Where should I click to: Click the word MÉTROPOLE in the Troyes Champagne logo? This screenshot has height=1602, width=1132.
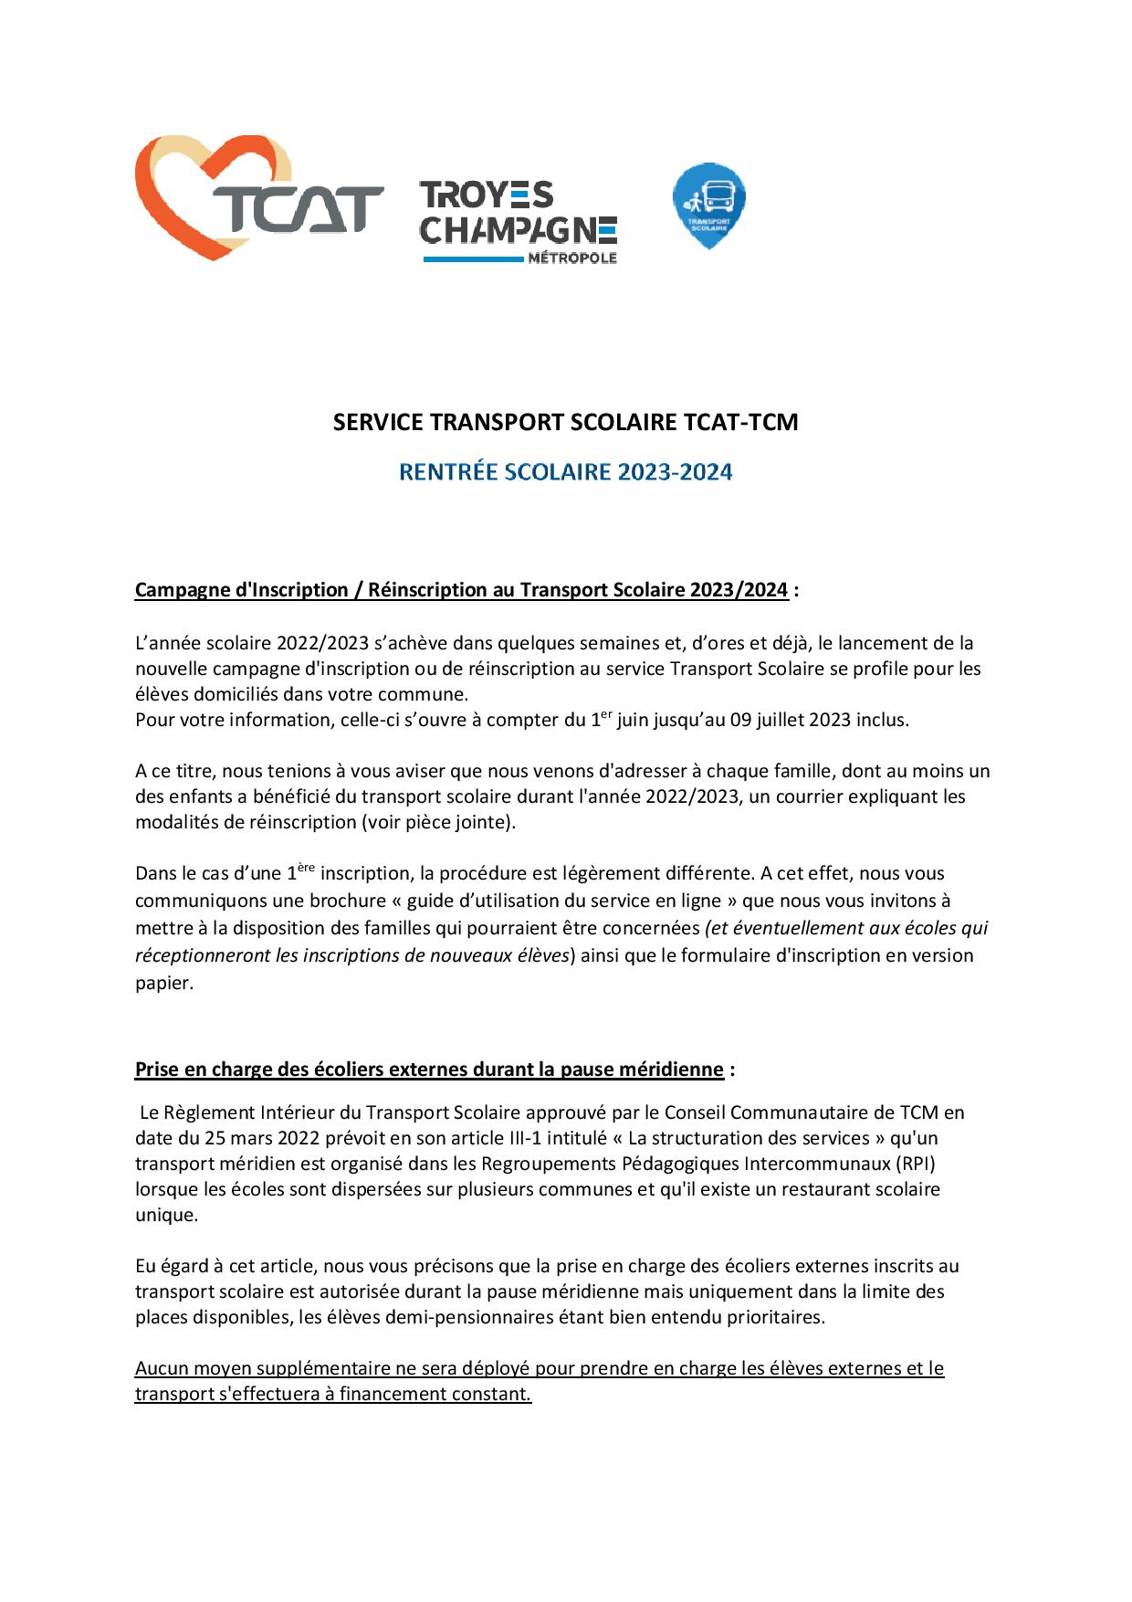click(572, 258)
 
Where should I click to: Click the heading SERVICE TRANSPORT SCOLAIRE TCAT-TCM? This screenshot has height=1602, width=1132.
click(565, 422)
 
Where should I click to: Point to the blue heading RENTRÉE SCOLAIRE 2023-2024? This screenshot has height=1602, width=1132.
click(565, 472)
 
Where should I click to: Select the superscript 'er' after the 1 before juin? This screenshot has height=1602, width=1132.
click(606, 714)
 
